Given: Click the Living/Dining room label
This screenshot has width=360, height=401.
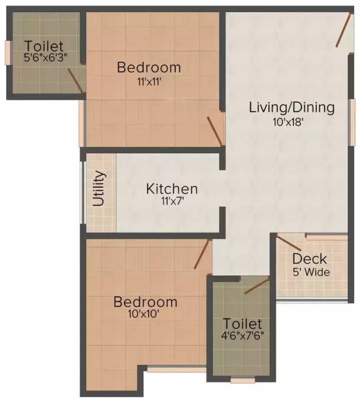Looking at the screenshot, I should click(x=291, y=107).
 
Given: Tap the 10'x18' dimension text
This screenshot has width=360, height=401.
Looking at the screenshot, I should click(x=291, y=122).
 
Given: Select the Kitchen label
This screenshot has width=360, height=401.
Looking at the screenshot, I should click(x=172, y=189).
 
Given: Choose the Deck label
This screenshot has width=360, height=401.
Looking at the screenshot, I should click(x=310, y=259).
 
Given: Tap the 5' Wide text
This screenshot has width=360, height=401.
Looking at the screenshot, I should click(x=310, y=272).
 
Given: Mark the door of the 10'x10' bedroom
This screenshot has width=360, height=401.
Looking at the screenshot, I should click(x=202, y=255).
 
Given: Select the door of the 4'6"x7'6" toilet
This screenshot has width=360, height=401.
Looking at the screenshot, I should click(x=256, y=286).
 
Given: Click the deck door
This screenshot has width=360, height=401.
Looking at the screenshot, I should click(x=289, y=243).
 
